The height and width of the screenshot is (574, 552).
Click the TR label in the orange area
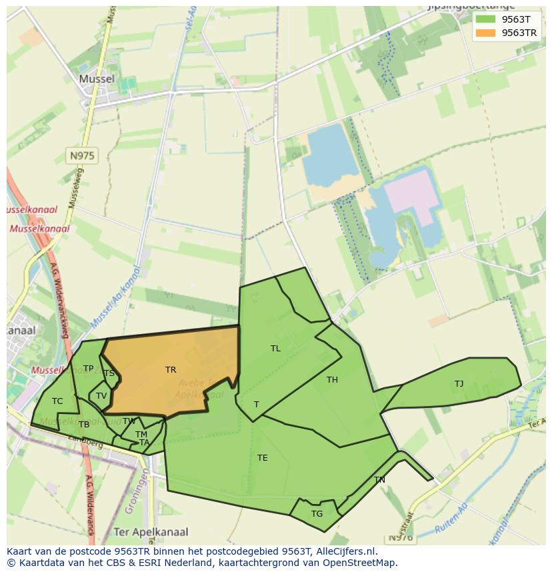tap(171, 370)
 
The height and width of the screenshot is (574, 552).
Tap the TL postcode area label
tap(275, 349)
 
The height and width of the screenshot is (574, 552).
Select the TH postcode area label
tap(332, 380)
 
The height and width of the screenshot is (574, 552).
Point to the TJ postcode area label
tap(459, 384)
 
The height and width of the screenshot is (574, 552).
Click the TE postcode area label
tap(263, 458)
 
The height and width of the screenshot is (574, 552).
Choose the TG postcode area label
tap(317, 514)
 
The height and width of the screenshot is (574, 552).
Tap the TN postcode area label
tap(379, 480)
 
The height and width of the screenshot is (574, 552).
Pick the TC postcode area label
tap(57, 401)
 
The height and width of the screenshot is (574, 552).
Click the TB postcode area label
tap(84, 425)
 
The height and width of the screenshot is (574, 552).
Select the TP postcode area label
tap(88, 369)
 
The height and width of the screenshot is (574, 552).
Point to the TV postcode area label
tap(101, 396)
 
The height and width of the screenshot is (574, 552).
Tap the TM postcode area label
tap(141, 435)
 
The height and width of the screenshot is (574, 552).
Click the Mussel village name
tap(97, 79)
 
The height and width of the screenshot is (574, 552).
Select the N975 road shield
tap(82, 156)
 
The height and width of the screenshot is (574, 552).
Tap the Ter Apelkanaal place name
tap(151, 532)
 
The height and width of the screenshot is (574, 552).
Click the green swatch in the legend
tap(485, 19)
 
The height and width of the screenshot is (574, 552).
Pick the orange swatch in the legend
tap(485, 33)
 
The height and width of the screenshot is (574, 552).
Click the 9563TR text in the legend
tap(519, 33)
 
